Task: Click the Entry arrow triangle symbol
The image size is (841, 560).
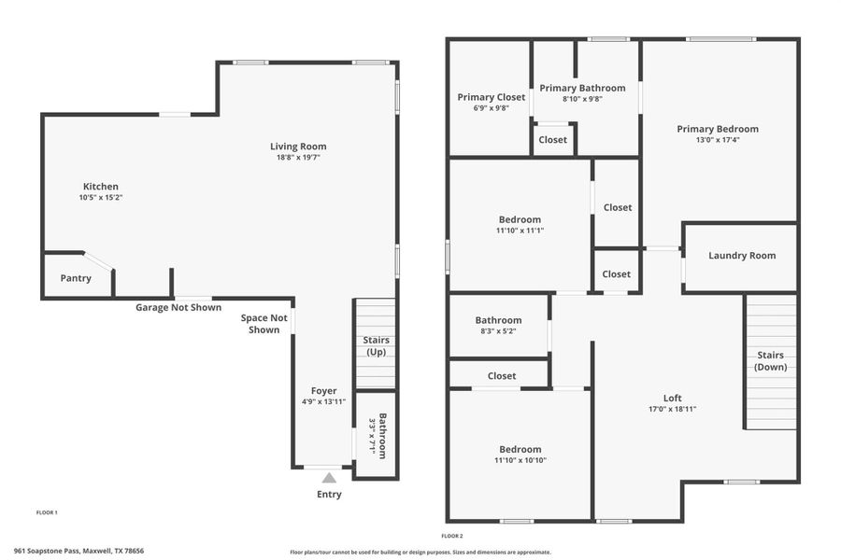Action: pos(329,478)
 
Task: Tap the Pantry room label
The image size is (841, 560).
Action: pos(76,278)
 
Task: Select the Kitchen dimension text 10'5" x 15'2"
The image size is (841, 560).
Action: pos(101,198)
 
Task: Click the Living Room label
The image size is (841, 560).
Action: pos(298,146)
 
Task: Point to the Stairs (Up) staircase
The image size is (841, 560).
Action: pos(376,345)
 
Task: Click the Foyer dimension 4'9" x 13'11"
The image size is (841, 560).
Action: pos(324,402)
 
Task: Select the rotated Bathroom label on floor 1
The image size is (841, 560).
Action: pos(377,436)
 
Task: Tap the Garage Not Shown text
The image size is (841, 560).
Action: pos(178,307)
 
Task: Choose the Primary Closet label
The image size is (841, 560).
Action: pos(491,96)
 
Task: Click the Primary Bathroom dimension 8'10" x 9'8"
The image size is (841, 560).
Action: pos(581,99)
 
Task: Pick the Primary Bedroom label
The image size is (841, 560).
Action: pos(718,129)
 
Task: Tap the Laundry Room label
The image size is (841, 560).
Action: pos(742,256)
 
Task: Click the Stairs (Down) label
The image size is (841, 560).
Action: pos(771,360)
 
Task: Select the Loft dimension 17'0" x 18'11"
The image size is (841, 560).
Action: pos(673,409)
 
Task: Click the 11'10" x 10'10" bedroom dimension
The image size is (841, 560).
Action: pos(520,460)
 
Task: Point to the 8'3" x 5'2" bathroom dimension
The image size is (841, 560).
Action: pos(497,330)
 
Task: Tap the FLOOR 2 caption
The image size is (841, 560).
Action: pos(452,536)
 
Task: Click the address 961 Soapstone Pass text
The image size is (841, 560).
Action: pos(78,551)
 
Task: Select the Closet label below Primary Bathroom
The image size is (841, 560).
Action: pos(552,140)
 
